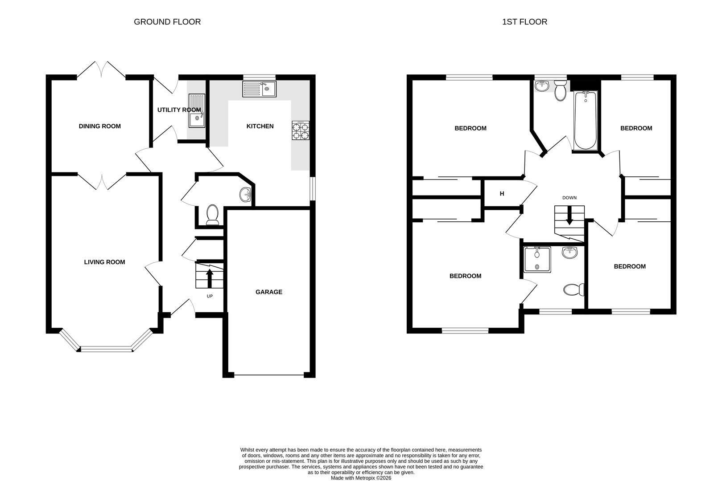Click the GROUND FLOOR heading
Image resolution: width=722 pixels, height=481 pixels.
(167, 22)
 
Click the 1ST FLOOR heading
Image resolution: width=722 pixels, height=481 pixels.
(524, 22)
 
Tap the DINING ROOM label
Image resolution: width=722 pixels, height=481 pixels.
(99, 126)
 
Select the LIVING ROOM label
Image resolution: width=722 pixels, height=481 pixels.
(104, 262)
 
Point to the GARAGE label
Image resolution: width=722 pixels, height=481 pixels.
(268, 292)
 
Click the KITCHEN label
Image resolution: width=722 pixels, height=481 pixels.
(260, 126)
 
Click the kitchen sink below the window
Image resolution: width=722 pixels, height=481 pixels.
(259, 89)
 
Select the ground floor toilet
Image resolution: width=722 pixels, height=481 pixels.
(212, 214)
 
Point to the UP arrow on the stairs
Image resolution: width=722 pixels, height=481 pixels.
(209, 278)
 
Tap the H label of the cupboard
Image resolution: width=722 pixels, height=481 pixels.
(502, 194)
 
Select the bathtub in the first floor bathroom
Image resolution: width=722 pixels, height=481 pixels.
(585, 120)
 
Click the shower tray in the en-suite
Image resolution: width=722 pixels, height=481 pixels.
(537, 259)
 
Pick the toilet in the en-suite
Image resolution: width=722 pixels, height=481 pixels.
(574, 290)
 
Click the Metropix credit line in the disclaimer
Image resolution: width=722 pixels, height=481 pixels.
(361, 478)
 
